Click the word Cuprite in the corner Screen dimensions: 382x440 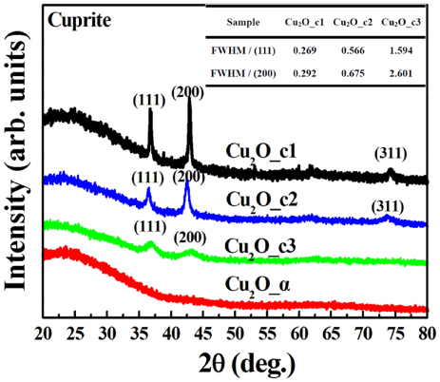tap(81, 19)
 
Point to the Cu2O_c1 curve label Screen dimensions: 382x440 tap(263, 151)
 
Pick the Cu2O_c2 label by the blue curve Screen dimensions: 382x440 tap(263, 199)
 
